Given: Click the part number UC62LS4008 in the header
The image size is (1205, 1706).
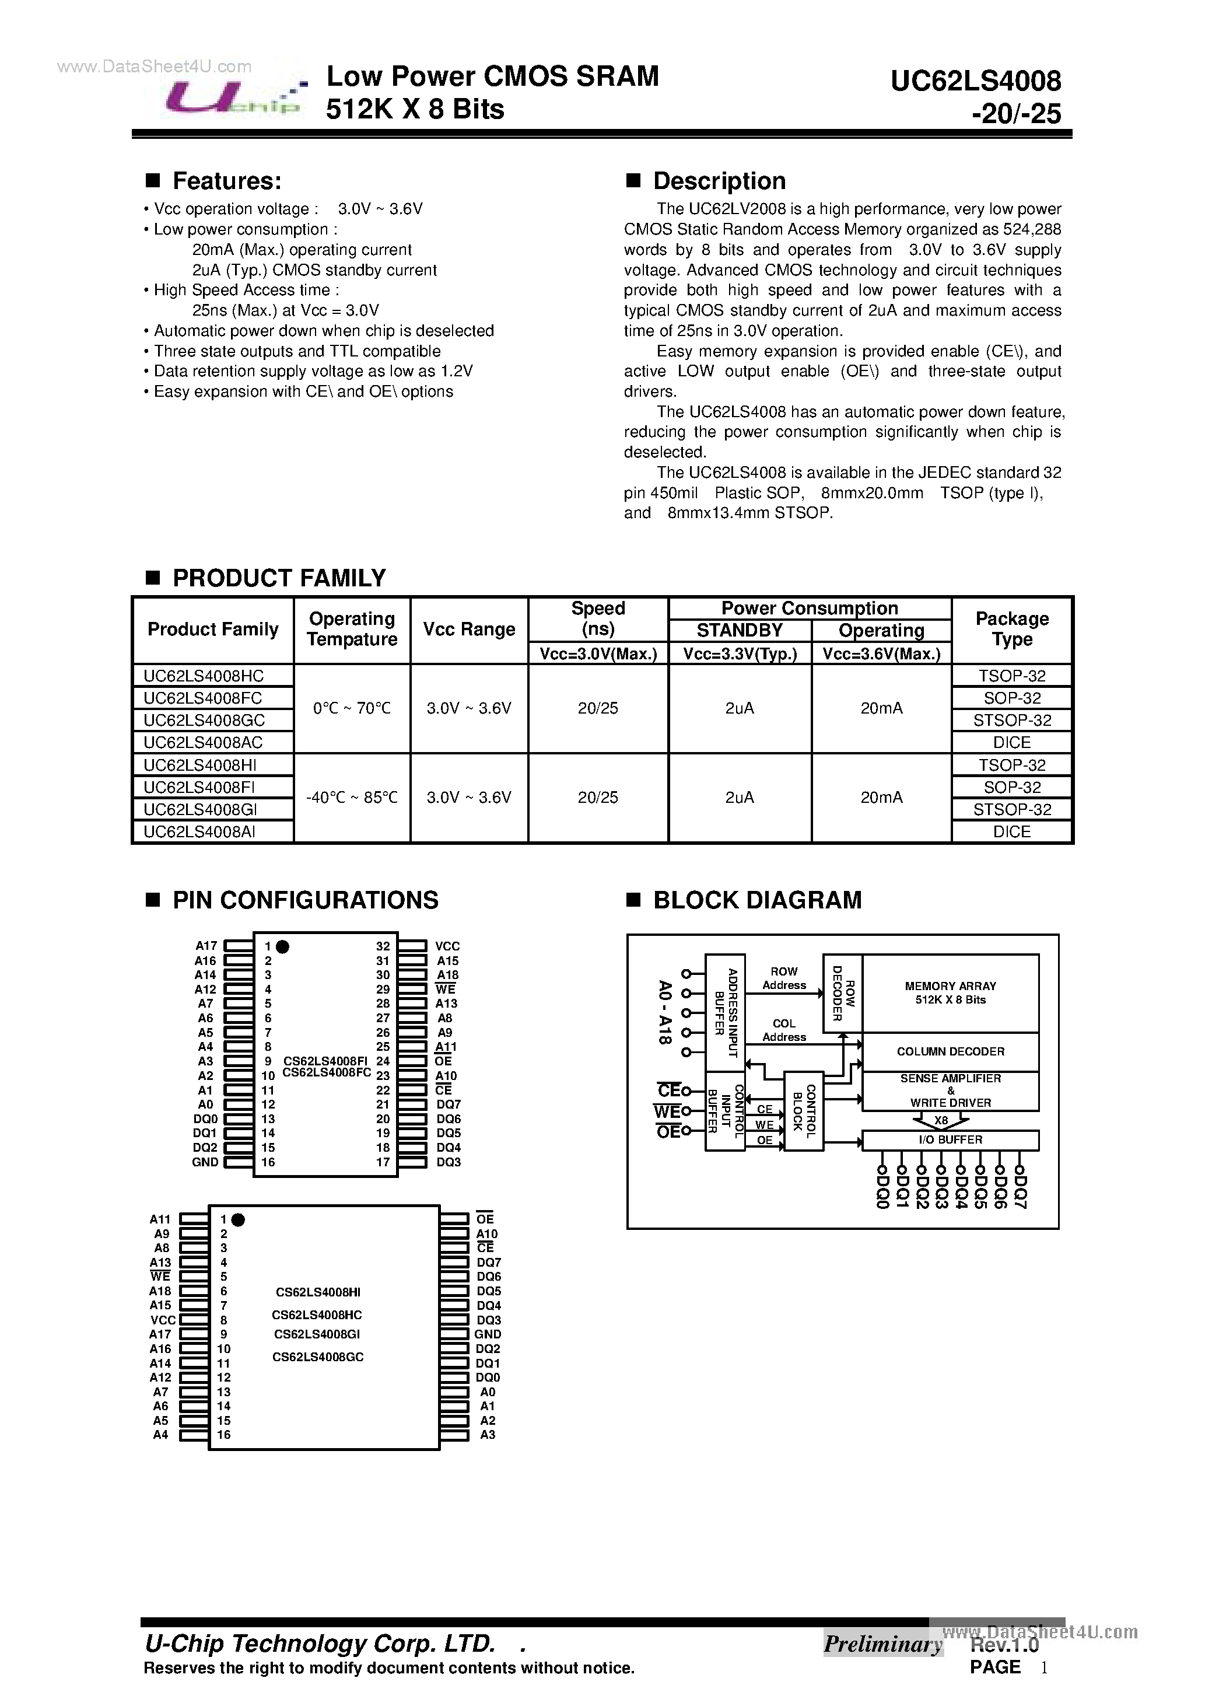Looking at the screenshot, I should click(x=975, y=81).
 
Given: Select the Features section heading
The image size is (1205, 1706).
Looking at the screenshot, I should click(x=226, y=180).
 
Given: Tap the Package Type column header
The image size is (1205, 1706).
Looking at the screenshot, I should click(x=1011, y=630).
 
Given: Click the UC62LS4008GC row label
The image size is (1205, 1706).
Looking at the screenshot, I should click(x=204, y=720).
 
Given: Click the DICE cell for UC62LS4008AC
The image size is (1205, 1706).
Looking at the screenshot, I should click(x=1011, y=742).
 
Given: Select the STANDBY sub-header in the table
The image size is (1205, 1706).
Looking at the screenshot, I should click(x=739, y=631).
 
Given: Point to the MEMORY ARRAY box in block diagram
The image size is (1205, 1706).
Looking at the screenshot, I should click(x=950, y=992).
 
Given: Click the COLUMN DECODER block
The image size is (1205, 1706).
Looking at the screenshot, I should click(x=950, y=1051).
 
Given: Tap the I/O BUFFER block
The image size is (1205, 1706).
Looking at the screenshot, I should click(x=950, y=1140).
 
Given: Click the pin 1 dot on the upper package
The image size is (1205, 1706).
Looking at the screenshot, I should click(x=282, y=946).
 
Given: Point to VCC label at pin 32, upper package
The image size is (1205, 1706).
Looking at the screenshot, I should click(x=447, y=946).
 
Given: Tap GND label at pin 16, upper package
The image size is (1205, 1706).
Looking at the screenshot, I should click(x=205, y=1162).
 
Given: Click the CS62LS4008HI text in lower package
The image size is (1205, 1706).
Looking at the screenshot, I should click(x=318, y=1292).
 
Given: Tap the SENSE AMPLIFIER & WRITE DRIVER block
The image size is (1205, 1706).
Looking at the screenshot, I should click(x=950, y=1091).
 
